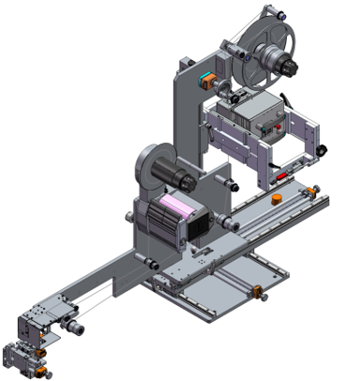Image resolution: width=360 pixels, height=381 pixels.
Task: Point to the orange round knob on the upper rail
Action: pyautogui.click(x=276, y=199)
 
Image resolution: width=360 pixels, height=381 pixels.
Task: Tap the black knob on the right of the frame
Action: pyautogui.click(x=322, y=150)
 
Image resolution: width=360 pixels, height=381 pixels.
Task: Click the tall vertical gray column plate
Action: pyautogui.click(x=190, y=122)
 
